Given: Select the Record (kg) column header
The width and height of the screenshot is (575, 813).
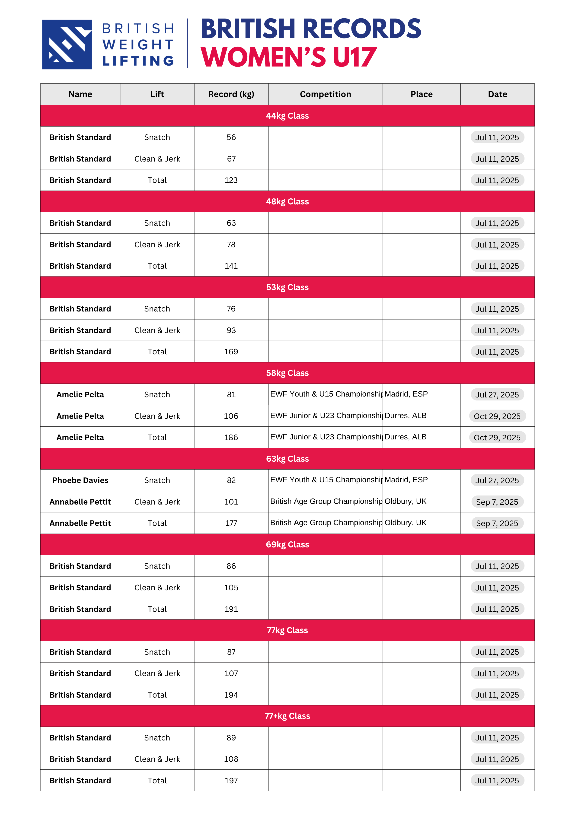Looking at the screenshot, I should coord(231,94).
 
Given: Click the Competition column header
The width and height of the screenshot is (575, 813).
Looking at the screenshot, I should coord(325,94).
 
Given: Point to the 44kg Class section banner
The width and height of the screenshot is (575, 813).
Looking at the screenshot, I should coord(287,116).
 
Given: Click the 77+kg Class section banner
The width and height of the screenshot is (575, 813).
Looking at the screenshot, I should coord(287,716).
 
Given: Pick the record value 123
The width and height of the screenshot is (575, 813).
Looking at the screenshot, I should coord(231,180).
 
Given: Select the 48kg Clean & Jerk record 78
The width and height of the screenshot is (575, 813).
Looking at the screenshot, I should coord(231,245).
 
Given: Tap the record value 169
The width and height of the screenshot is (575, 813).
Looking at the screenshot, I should coord(231,352).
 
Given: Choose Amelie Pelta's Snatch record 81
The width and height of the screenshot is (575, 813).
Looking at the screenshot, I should coord(231,394).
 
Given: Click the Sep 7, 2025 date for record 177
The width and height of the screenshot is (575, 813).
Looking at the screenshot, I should coord(497,523).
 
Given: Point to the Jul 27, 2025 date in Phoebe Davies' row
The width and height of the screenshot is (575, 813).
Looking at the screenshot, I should coord(497,480).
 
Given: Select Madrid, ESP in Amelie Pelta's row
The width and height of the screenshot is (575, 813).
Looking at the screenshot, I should coord(406,394).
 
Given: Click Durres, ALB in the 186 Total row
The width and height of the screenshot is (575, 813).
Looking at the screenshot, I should coord(405,437).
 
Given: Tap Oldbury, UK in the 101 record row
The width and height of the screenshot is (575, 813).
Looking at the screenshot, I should coord(405,501).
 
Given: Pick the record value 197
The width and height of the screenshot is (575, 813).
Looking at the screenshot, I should coord(231,780).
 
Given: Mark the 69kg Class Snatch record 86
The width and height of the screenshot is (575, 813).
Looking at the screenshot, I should coord(231,566).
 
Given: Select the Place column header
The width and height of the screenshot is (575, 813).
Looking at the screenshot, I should coord(421,94).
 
